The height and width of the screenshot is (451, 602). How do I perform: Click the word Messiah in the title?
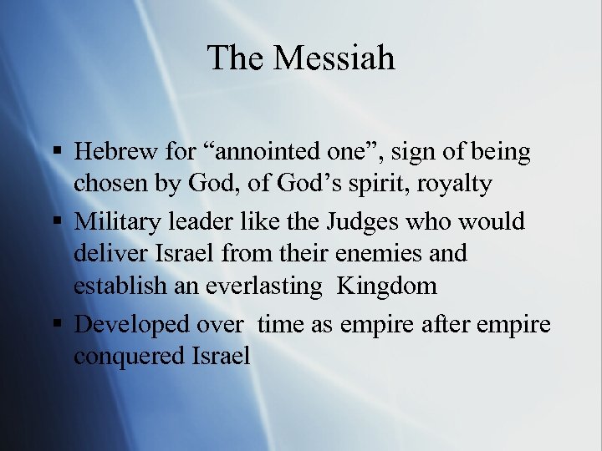point(334,58)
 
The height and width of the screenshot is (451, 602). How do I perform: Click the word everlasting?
point(262,286)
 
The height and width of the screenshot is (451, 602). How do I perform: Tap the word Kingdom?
point(387,286)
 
